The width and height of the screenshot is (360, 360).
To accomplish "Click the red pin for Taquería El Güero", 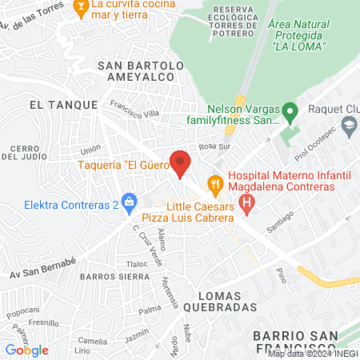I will [181, 162].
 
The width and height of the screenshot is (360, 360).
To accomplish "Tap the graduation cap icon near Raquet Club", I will [349, 125].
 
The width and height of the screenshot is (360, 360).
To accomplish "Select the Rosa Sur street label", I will [214, 147].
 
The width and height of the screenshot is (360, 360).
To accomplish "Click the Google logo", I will [27, 350].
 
